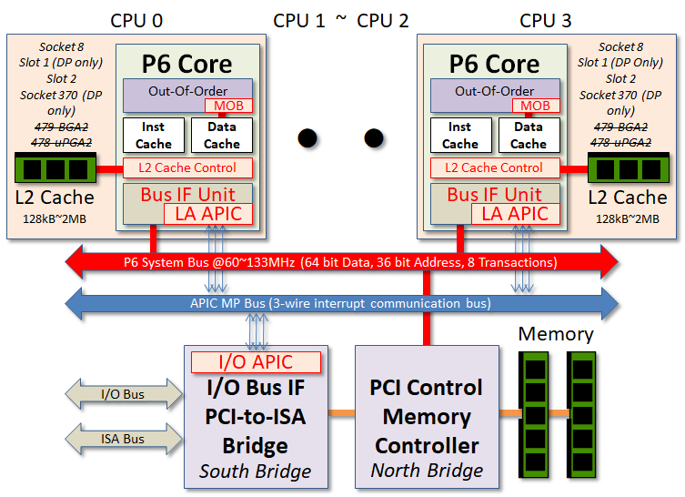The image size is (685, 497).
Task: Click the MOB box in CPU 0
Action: click(229, 106)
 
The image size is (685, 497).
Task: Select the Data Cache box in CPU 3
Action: click(529, 135)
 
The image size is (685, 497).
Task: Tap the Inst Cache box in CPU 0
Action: click(154, 135)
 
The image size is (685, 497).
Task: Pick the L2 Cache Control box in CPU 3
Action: click(495, 167)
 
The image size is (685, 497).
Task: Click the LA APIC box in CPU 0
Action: click(208, 214)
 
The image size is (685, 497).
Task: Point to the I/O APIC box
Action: click(256, 362)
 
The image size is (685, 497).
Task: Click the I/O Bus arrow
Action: click(123, 394)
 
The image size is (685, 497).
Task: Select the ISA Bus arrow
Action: click(123, 439)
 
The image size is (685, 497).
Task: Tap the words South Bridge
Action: click(255, 472)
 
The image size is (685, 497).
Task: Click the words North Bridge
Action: click(427, 471)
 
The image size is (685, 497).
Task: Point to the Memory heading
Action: click(556, 334)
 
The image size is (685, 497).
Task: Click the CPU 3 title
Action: click(545, 21)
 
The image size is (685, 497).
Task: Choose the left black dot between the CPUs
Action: click(307, 138)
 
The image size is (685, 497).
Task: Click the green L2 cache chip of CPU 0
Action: click(55, 167)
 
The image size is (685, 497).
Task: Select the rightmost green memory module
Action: click(582, 414)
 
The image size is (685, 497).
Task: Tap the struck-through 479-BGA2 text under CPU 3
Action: click(620, 127)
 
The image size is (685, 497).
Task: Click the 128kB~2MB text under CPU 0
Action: click(55, 218)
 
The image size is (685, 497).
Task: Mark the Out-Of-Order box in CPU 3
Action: click(495, 96)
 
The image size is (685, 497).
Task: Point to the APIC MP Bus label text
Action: click(340, 303)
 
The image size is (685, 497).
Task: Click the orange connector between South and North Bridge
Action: click(342, 412)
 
